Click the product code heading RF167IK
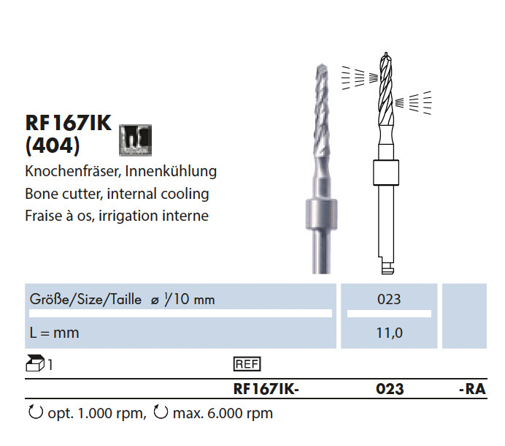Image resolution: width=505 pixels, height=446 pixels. (x=69, y=123)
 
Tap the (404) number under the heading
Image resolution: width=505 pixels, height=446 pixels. (x=53, y=146)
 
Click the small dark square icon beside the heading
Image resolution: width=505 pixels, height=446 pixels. (x=135, y=140)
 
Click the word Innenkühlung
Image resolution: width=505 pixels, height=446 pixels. (x=171, y=171)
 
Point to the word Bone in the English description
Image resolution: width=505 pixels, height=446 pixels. (x=39, y=194)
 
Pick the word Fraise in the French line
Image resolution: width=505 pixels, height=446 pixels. (x=43, y=216)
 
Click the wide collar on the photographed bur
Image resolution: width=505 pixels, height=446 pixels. (x=321, y=214)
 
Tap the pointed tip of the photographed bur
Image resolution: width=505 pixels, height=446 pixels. (x=322, y=65)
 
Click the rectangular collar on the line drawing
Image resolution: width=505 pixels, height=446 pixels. (x=386, y=173)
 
